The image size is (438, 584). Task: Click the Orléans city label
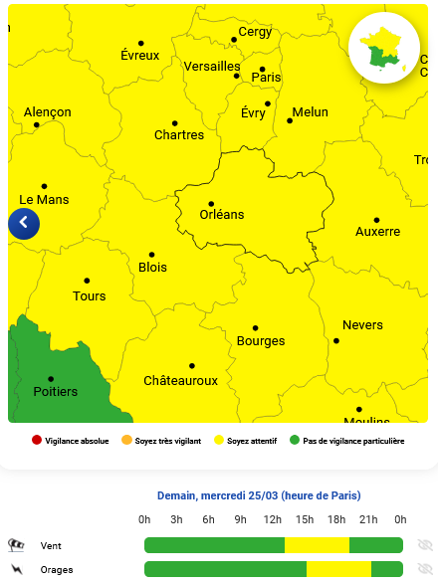[221, 215]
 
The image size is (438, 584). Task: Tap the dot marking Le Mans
[44, 186]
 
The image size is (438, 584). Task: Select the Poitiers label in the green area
[55, 392]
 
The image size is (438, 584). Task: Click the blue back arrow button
[24, 224]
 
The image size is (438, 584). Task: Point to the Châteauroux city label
[180, 381]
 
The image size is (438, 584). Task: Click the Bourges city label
[261, 342]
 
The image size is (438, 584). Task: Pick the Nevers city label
[362, 325]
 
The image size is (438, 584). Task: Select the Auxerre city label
[377, 232]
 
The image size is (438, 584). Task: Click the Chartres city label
[179, 135]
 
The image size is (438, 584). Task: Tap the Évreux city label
[139, 56]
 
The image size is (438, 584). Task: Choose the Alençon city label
[47, 112]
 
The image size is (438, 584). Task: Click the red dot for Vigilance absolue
[37, 441]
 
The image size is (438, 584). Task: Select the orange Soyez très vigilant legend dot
[126, 441]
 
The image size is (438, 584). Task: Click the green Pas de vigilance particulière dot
[295, 441]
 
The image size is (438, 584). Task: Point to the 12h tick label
[272, 519]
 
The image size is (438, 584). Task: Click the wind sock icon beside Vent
[16, 545]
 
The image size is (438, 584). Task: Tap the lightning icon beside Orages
[16, 570]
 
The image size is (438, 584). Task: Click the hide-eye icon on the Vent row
[425, 545]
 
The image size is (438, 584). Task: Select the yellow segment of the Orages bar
[338, 569]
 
